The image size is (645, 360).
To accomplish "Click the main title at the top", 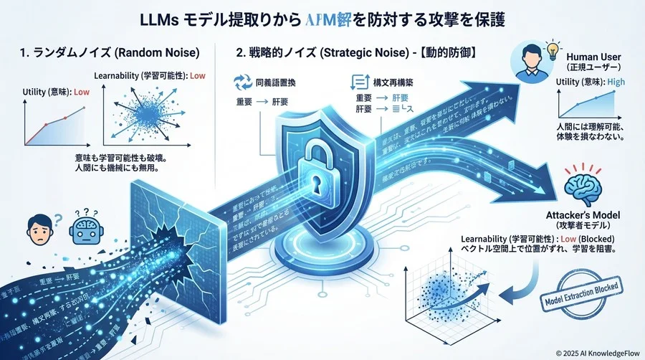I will click(x=322, y=19).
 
